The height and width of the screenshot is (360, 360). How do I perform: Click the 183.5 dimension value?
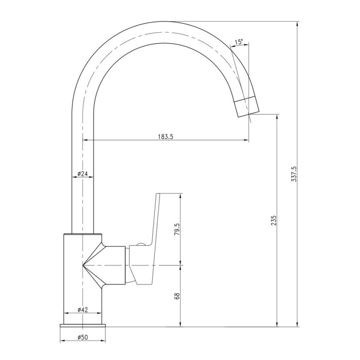(x=166, y=137)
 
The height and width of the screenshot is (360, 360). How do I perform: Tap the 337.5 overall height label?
(x=294, y=174)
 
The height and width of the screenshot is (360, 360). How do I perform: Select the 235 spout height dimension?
(x=274, y=221)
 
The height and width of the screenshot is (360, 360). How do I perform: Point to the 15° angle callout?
(x=239, y=42)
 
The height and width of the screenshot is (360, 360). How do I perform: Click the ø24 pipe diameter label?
(x=83, y=174)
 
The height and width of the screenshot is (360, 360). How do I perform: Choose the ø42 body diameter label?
(x=83, y=310)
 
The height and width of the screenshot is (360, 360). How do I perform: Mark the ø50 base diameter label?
(x=83, y=337)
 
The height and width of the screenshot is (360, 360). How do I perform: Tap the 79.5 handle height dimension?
(x=177, y=229)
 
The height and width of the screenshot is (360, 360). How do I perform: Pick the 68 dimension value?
(x=177, y=296)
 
